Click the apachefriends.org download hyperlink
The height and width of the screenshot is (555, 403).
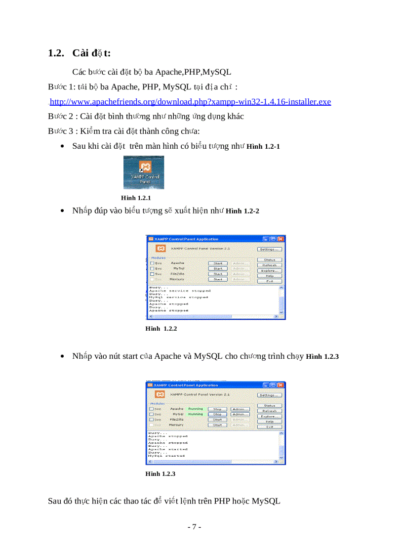click(x=190, y=102)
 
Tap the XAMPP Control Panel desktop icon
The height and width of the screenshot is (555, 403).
click(x=144, y=171)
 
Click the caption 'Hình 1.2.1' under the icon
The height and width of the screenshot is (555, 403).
click(x=136, y=198)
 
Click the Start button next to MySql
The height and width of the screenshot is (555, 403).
click(x=217, y=268)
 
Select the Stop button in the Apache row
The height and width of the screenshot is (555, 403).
click(x=217, y=409)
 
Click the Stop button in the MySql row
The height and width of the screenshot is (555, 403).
click(x=217, y=414)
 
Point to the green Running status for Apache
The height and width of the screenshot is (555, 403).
click(x=196, y=409)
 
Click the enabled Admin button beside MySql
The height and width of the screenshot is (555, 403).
click(x=240, y=414)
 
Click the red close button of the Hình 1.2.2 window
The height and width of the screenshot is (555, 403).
click(x=281, y=239)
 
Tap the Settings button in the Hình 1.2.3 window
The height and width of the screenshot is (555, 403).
click(x=270, y=395)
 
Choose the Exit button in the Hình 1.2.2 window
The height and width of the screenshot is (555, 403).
click(x=270, y=281)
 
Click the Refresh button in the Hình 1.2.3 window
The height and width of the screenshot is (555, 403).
click(x=270, y=411)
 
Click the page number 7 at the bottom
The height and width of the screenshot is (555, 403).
click(x=194, y=527)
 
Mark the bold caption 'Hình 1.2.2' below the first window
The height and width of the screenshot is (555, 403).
click(x=161, y=329)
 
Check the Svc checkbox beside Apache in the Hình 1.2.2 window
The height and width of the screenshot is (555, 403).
click(x=152, y=263)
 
